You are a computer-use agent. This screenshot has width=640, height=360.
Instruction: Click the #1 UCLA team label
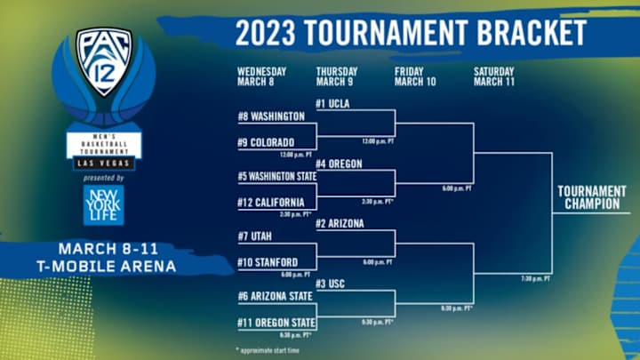pos(333,104)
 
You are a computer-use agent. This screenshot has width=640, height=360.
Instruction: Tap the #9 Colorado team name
pos(264,140)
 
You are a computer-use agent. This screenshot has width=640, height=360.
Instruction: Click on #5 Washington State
pos(276,177)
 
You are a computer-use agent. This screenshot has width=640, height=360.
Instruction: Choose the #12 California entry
pos(271,202)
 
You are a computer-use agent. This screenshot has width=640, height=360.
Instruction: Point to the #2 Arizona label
pos(340,224)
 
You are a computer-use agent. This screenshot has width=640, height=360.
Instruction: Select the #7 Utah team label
pos(255,237)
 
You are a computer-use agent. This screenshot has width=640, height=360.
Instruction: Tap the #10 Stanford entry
pos(267,262)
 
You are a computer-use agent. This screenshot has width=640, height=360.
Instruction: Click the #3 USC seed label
pos(331,284)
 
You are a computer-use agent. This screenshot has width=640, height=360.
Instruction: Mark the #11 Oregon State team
pos(276,322)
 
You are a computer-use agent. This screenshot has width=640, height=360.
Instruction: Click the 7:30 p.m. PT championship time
pos(535,279)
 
